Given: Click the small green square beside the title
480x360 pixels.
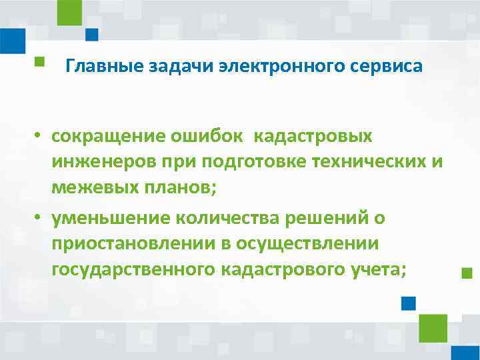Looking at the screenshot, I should click(39, 62).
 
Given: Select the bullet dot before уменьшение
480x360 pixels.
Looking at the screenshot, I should click(40, 218).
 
